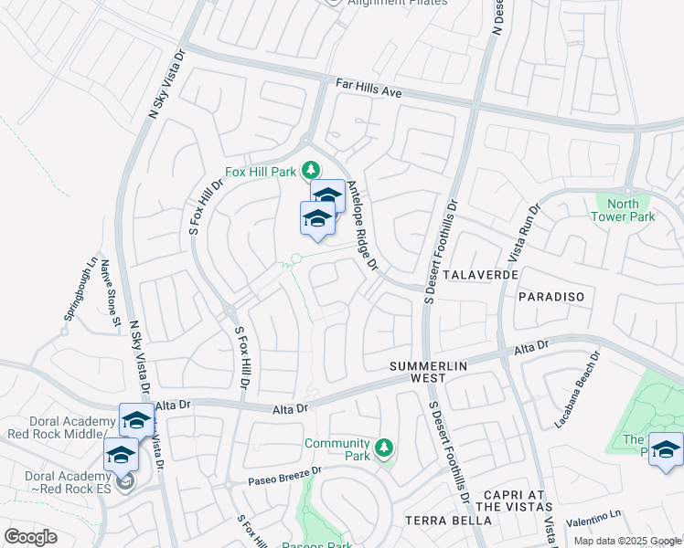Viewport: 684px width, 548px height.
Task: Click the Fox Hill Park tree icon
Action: pyautogui.click(x=311, y=170)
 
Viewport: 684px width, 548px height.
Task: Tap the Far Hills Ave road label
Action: pyautogui.click(x=369, y=89)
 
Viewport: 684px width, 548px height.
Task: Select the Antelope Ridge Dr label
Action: pyautogui.click(x=361, y=226)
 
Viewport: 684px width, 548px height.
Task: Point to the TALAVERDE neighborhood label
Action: pyautogui.click(x=481, y=274)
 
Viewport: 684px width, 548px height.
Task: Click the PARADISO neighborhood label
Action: pyautogui.click(x=550, y=297)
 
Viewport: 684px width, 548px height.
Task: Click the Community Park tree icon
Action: pyautogui.click(x=385, y=448)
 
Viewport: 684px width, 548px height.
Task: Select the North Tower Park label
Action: pyautogui.click(x=631, y=210)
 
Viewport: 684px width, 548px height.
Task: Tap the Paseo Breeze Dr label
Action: pyautogui.click(x=286, y=476)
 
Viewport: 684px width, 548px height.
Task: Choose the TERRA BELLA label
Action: pyautogui.click(x=448, y=521)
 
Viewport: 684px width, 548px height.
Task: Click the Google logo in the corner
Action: pyautogui.click(x=30, y=537)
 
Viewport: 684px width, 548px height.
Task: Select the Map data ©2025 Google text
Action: pyautogui.click(x=627, y=541)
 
